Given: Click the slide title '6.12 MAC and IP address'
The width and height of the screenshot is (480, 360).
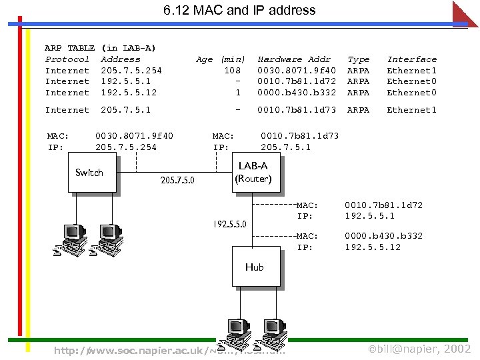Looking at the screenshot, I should coord(239,10).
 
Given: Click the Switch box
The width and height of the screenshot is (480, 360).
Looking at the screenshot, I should coord(89,173).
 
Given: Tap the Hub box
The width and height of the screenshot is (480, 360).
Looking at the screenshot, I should coord(254,267).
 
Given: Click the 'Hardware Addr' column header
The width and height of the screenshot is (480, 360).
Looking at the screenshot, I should coord(294,59).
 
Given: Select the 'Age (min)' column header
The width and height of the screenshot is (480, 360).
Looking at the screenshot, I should coord(221,59).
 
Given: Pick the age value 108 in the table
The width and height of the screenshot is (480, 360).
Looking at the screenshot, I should coord(232,71).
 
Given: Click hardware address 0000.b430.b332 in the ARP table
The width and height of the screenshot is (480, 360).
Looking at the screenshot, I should coord(297,93).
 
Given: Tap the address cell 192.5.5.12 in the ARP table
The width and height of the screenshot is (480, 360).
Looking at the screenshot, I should coord(129,93).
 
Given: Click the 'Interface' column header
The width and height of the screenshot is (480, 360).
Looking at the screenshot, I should coord(412,59).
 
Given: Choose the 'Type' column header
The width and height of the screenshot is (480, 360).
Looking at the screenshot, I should coord(359,59).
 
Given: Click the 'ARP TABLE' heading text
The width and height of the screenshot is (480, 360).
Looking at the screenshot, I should coord(69,48).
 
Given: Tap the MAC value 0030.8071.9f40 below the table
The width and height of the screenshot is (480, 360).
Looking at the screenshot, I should coord(134,136).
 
